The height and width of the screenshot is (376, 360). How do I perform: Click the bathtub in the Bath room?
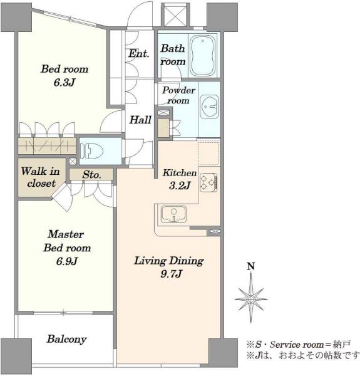click(x=202, y=56)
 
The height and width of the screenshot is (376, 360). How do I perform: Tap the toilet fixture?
click(x=91, y=151)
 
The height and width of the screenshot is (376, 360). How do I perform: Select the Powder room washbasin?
click(x=209, y=107)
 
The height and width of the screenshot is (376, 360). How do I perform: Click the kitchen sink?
click(x=173, y=214)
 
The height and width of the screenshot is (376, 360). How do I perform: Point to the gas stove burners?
click(x=208, y=182)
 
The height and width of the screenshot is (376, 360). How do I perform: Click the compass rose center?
click(x=251, y=300)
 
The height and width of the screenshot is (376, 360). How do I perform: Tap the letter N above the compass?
click(x=251, y=266)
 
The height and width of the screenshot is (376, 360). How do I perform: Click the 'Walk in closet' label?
click(x=41, y=177)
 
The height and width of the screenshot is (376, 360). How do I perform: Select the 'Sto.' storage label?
click(x=91, y=175)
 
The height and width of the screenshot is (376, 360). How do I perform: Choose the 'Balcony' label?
click(x=66, y=339)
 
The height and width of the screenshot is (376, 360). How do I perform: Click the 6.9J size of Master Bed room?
click(x=67, y=261)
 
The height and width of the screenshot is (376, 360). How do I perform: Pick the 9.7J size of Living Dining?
click(x=171, y=274)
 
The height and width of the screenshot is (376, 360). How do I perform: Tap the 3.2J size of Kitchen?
click(x=180, y=185)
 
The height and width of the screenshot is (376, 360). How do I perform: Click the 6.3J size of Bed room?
click(x=64, y=83)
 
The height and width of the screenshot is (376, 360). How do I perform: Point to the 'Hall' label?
click(x=140, y=120)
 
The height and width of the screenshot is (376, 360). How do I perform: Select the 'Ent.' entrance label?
click(x=139, y=53)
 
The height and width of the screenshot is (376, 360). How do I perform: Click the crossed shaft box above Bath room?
click(x=175, y=15)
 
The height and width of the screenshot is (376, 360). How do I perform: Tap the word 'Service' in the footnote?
click(x=285, y=345)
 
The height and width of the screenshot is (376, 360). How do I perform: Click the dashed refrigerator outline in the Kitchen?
click(x=209, y=153)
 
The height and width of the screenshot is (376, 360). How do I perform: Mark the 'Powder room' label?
click(x=178, y=95)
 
